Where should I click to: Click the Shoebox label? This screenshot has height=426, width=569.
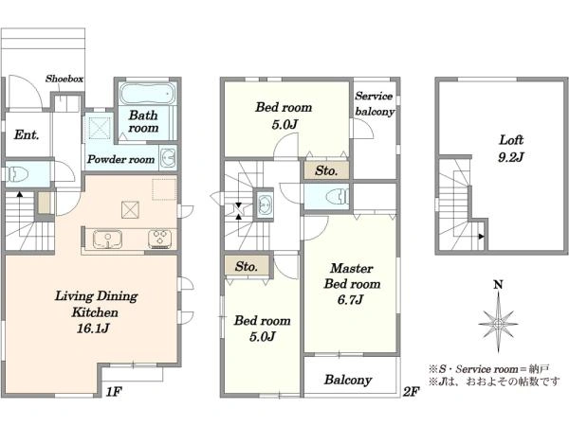click(64, 79)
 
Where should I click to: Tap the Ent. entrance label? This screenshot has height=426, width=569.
click(27, 134)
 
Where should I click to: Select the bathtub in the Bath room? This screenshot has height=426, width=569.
click(146, 94)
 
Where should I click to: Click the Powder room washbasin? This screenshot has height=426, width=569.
click(168, 158)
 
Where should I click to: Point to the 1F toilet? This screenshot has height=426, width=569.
click(16, 174)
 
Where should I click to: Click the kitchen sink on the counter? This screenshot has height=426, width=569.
click(107, 240)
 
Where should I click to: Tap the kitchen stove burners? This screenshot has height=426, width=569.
click(159, 239)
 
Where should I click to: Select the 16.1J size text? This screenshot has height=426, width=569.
click(93, 328)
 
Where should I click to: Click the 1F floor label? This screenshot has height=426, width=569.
click(114, 392)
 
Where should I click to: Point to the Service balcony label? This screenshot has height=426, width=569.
click(375, 103)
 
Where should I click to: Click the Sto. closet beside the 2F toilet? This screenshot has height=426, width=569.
click(326, 170)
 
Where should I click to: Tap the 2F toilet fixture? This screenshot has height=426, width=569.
click(338, 197)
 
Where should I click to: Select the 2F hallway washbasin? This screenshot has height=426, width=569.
click(264, 204)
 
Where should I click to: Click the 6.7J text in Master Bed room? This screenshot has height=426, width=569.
click(350, 300)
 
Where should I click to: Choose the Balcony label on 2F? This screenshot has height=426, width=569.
click(348, 380)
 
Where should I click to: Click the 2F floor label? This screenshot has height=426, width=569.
click(412, 392)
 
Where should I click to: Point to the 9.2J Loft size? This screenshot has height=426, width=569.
click(511, 157)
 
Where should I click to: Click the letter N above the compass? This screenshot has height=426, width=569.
click(498, 285)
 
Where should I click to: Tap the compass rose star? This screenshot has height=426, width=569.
click(498, 323)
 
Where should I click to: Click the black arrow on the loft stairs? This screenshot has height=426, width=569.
click(481, 237)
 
